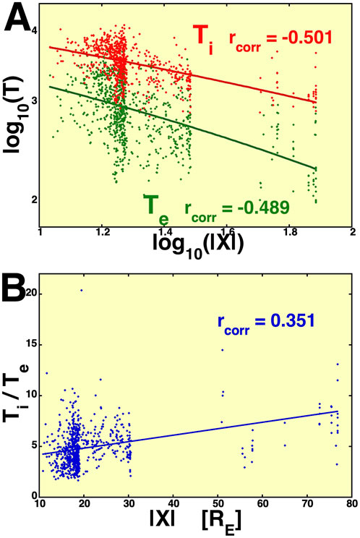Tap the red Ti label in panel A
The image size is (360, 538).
(x=205, y=35)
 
